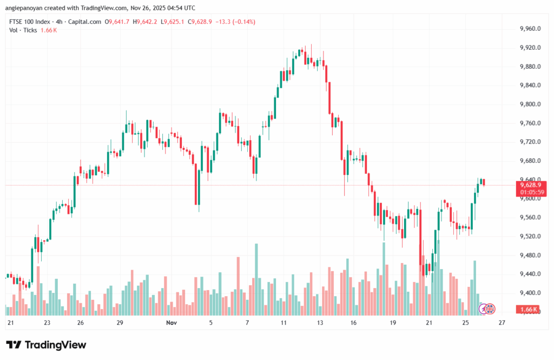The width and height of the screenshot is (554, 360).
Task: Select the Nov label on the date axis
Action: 172,323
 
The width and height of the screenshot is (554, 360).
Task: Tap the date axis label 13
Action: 320,323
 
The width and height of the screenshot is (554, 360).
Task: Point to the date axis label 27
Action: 502,323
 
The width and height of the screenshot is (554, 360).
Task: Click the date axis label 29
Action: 120,323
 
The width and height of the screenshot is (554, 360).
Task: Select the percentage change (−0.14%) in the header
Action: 243,22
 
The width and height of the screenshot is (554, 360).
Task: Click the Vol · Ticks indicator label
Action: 23,30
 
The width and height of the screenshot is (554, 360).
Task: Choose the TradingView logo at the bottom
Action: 46,345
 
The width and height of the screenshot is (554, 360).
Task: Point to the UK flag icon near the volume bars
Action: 489,309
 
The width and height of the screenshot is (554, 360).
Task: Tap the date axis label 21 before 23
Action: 10,323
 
